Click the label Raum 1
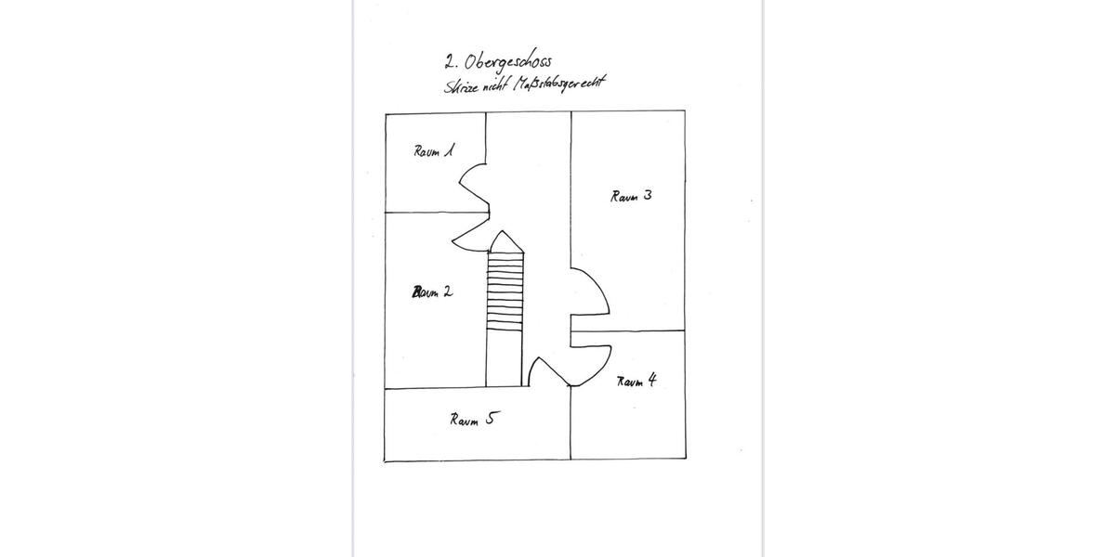tap(434, 150)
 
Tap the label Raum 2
tap(433, 291)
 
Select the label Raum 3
tap(631, 196)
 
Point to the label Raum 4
tap(636, 381)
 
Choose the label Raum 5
tap(472, 419)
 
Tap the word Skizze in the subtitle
tap(462, 86)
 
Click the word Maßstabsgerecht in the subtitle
tap(559, 84)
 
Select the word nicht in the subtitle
tap(496, 85)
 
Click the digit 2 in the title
tap(451, 62)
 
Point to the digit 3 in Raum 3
tap(647, 195)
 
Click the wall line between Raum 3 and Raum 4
tap(628, 330)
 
